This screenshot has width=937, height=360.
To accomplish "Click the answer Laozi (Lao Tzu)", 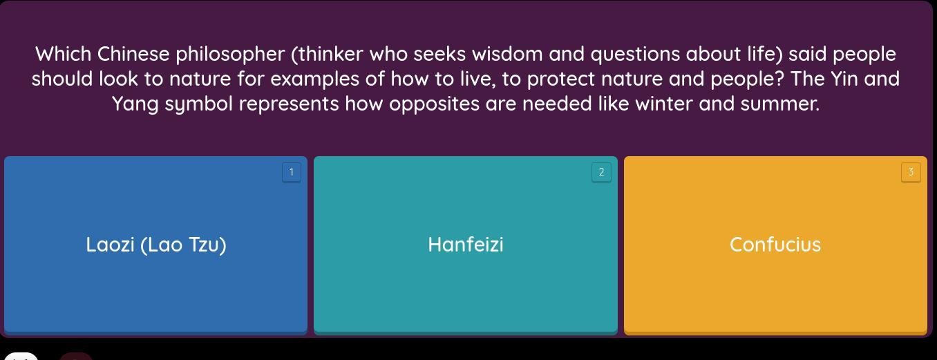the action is tap(156, 245).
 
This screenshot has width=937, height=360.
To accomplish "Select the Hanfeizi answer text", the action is tap(466, 245).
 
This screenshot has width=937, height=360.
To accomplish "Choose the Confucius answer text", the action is tap(775, 245).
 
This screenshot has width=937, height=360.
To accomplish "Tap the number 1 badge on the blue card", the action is tap(292, 172).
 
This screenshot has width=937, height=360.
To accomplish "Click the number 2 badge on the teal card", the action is tap(602, 172).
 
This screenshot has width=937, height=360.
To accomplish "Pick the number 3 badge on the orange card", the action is tap(911, 172).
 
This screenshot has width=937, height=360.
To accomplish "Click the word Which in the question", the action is tap(63, 55).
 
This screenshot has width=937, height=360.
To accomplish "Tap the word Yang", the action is tap(135, 104).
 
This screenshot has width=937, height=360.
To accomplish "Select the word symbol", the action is tap(198, 104).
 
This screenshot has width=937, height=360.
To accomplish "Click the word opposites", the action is tap(434, 104).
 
